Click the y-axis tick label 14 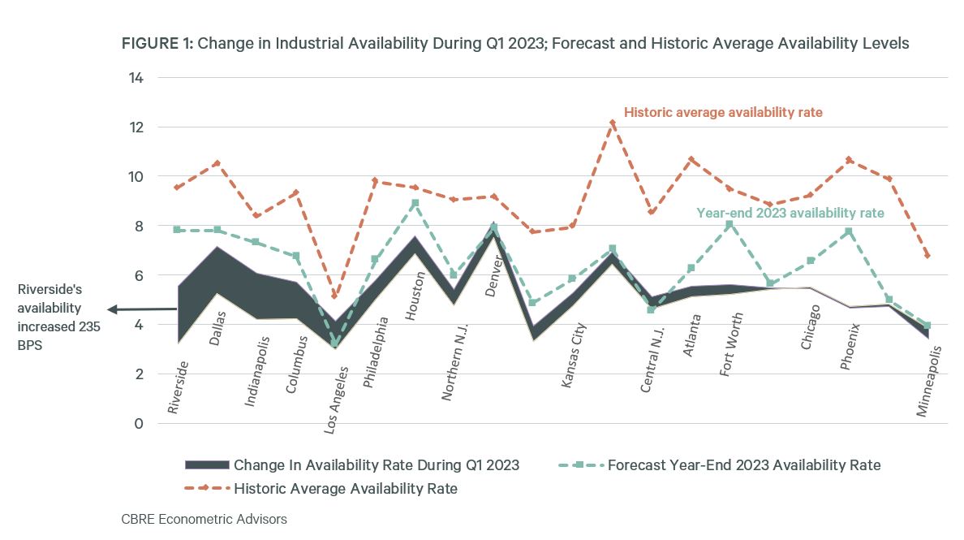pyautogui.click(x=135, y=78)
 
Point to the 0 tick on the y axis pyautogui.click(x=139, y=424)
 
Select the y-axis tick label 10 pyautogui.click(x=135, y=177)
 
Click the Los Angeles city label pyautogui.click(x=337, y=400)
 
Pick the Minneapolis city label pyautogui.click(x=931, y=382)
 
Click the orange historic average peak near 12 pyautogui.click(x=613, y=123)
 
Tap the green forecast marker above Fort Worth pyautogui.click(x=729, y=224)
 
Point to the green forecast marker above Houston pyautogui.click(x=415, y=203)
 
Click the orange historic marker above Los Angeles pyautogui.click(x=335, y=296)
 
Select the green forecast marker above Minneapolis pyautogui.click(x=927, y=326)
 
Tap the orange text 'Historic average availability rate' pyautogui.click(x=722, y=113)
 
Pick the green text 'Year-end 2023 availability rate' pyautogui.click(x=790, y=213)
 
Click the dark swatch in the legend pyautogui.click(x=207, y=465)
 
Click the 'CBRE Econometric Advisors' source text pyautogui.click(x=204, y=519)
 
